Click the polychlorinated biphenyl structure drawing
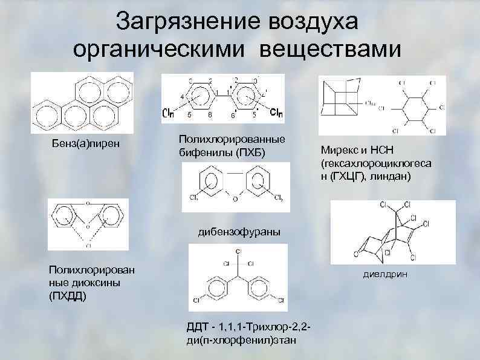click(x=222, y=98)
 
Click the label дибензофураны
click(x=239, y=231)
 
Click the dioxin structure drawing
click(x=88, y=223)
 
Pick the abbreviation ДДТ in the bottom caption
click(x=199, y=328)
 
